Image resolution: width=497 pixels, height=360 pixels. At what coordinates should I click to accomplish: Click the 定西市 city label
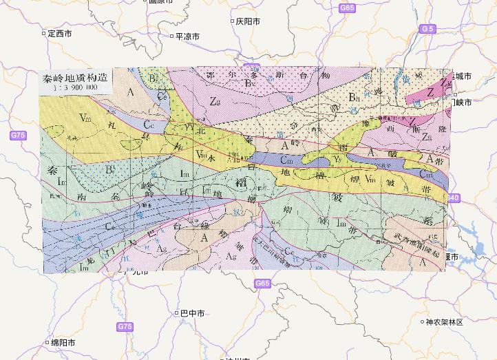(58, 33)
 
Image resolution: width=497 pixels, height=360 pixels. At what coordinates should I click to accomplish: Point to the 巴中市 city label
(192, 313)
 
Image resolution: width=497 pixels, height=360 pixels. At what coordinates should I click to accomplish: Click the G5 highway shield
(427, 28)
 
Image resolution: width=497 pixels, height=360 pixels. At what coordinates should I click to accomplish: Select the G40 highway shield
(452, 198)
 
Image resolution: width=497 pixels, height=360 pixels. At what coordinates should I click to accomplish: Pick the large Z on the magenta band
(430, 92)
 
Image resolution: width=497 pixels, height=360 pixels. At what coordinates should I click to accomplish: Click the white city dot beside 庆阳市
(231, 21)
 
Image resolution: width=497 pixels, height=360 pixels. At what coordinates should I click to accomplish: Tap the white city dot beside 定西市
(43, 33)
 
